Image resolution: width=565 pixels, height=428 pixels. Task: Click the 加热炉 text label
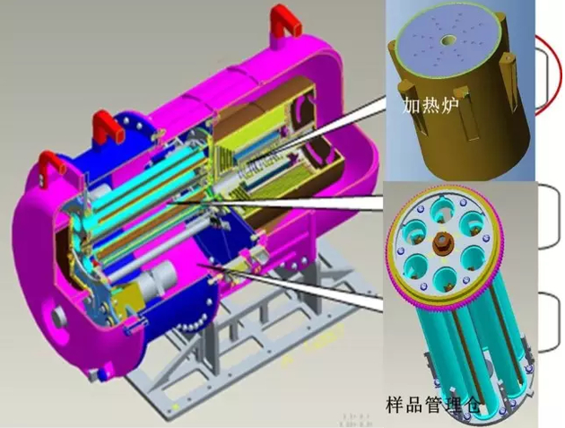point(430,106)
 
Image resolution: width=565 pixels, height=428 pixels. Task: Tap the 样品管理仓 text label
point(433,406)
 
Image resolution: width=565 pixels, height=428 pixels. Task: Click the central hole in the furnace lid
point(448,39)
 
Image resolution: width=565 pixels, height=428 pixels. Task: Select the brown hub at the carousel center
point(442,244)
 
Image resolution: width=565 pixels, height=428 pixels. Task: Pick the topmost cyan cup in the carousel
point(443,209)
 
